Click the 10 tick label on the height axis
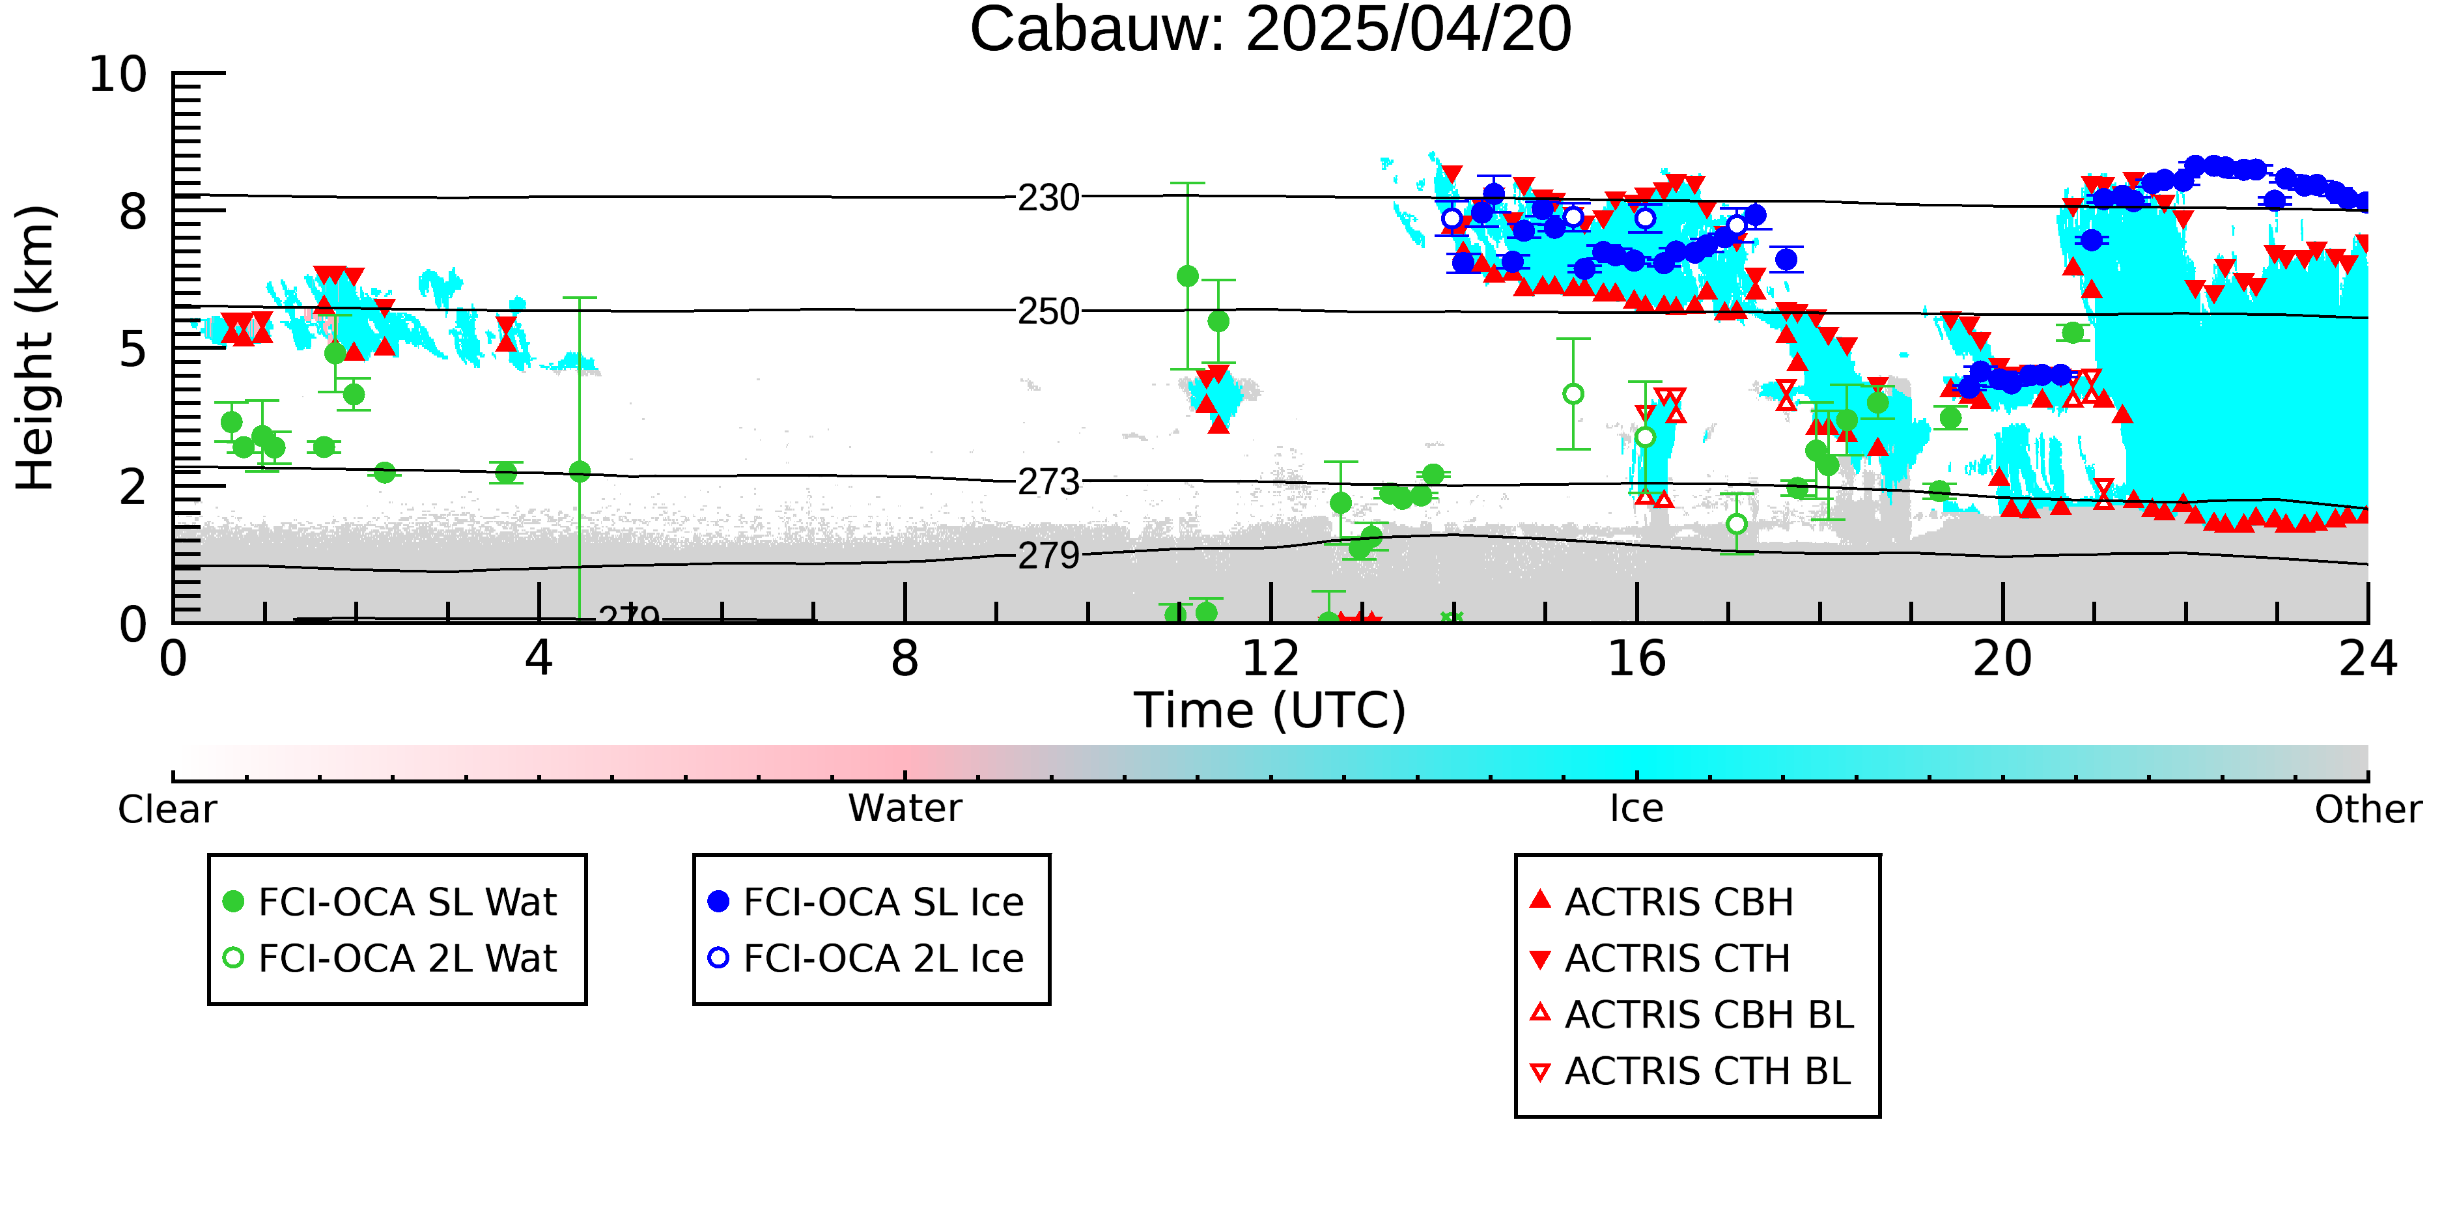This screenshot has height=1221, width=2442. [118, 74]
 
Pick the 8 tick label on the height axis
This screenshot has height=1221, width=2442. [133, 212]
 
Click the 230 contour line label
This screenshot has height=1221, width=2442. [1048, 198]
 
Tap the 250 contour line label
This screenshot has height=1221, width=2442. [1048, 311]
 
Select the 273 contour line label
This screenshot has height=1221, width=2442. [1048, 482]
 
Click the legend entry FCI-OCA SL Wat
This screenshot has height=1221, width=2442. [407, 901]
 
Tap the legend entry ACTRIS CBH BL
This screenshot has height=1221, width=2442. [1708, 1015]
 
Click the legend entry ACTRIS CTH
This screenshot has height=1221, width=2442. [1677, 959]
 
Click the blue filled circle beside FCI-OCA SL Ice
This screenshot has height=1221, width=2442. [718, 901]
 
